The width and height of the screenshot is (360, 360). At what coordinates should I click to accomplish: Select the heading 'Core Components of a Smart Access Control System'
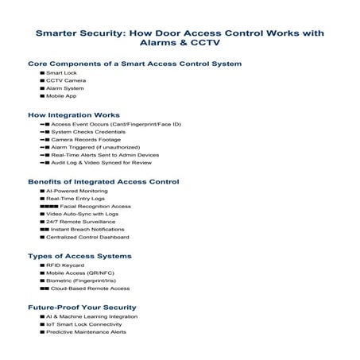(134, 64)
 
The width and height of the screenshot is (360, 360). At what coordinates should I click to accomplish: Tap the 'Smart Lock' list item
(61, 73)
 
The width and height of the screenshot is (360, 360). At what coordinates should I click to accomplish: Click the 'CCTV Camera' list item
(66, 80)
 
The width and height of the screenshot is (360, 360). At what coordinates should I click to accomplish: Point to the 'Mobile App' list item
(61, 96)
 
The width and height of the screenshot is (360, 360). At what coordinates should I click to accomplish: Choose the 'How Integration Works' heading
(74, 115)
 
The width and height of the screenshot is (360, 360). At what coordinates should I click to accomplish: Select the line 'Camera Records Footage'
(85, 139)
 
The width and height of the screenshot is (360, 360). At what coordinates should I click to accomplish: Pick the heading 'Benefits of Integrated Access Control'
(103, 182)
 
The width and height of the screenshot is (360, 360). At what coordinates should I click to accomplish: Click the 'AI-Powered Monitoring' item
(75, 192)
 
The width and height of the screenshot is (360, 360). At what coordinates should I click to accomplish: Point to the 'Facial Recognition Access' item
(95, 207)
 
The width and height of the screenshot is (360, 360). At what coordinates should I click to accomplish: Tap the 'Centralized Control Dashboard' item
(87, 237)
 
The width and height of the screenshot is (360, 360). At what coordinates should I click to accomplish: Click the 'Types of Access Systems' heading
(79, 257)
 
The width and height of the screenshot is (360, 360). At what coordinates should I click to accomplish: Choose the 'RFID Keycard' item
(66, 266)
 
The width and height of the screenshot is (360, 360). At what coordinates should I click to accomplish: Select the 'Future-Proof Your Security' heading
(82, 308)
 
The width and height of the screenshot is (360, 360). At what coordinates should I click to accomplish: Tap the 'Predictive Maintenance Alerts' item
(86, 332)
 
